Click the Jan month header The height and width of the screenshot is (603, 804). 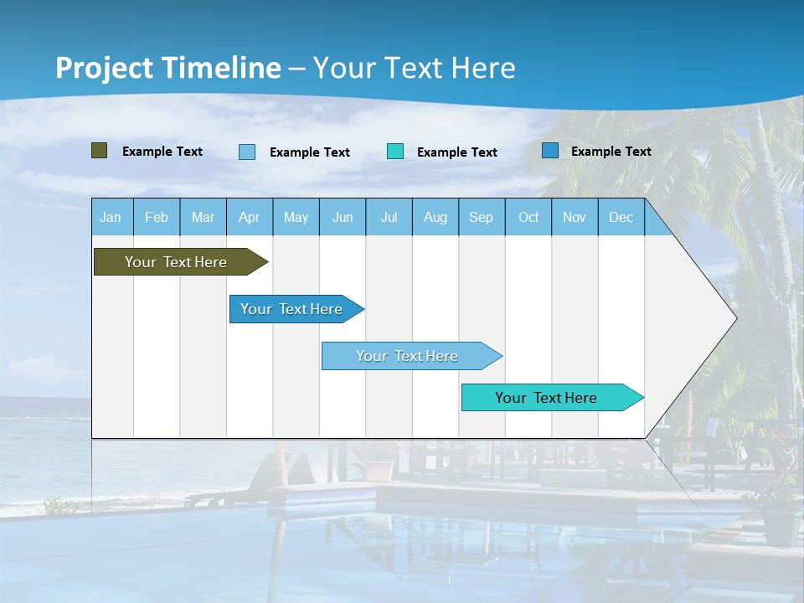click(111, 218)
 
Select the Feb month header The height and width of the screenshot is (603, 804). click(157, 218)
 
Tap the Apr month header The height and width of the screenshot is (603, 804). click(250, 218)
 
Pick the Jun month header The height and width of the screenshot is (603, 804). click(343, 218)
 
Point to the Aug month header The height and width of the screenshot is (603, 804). click(435, 218)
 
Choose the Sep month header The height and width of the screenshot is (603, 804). click(482, 218)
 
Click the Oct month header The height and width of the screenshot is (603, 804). click(528, 218)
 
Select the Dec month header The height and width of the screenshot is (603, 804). click(621, 218)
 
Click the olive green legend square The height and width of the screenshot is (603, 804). click(100, 151)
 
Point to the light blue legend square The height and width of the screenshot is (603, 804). click(247, 152)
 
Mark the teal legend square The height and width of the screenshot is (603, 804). click(395, 152)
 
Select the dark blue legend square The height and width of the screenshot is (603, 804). click(550, 151)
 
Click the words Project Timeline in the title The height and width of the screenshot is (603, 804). click(168, 68)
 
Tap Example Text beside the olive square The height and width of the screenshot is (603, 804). click(162, 152)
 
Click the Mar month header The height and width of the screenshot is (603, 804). click(204, 218)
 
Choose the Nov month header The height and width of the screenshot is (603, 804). click(575, 218)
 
